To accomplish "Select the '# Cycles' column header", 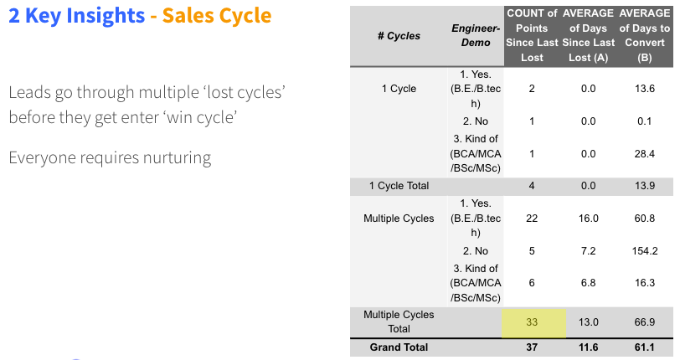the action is tap(399, 35).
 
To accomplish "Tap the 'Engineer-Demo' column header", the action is tap(476, 35).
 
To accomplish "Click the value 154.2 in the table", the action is tap(645, 250).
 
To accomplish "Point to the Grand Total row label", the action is tap(399, 347).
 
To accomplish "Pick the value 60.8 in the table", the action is tap(645, 219).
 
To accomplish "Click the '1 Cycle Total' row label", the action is tap(399, 186).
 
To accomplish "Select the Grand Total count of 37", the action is tap(532, 347).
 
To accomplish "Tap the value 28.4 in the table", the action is tap(645, 153).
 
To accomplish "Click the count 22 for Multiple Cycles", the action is tap(532, 219).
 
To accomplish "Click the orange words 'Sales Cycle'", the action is tap(217, 16).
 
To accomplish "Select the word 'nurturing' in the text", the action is tap(177, 158).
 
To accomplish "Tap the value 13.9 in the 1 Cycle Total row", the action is tap(645, 186).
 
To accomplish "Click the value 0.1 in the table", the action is tap(645, 121).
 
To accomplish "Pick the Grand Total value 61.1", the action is tap(645, 347).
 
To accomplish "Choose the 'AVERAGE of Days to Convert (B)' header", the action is tap(645, 35).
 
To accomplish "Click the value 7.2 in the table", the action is tap(588, 250).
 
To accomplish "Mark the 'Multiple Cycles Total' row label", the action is tap(399, 321).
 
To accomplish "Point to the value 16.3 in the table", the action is tap(645, 283).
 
